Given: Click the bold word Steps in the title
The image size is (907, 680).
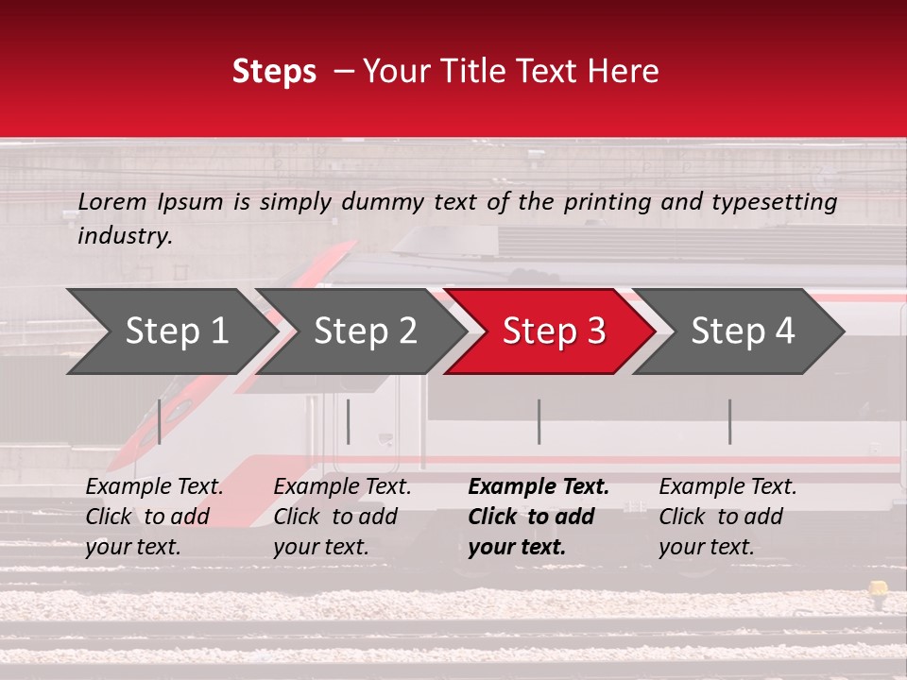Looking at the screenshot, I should click(x=274, y=72).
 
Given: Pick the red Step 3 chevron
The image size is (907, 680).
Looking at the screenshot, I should click(x=554, y=331).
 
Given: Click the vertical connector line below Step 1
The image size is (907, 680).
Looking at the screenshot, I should click(x=160, y=421).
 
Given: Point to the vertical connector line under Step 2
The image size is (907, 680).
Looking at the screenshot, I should click(x=349, y=421).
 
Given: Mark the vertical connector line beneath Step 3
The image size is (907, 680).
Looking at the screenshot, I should click(x=539, y=421).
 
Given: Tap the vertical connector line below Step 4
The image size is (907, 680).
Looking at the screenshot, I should click(x=729, y=421).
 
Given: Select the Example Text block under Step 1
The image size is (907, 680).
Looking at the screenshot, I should click(x=154, y=517).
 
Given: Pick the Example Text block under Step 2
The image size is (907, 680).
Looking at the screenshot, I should click(x=342, y=517).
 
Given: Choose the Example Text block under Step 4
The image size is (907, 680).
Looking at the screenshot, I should click(x=727, y=517).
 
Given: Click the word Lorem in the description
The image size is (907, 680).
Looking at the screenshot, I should click(x=112, y=202).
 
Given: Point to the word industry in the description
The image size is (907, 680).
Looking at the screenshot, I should click(x=124, y=236).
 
